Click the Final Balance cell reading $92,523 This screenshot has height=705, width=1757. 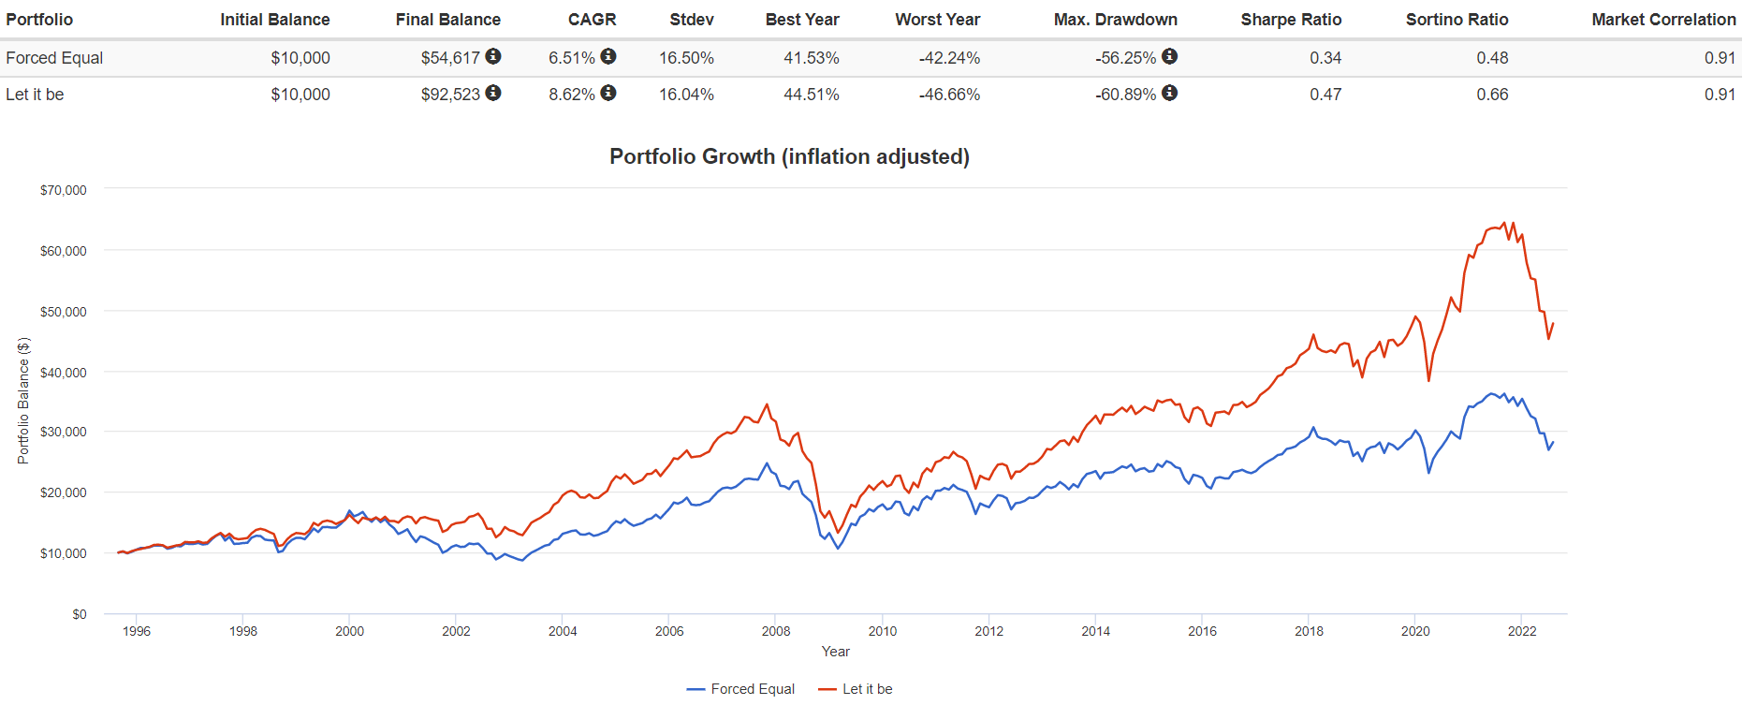[450, 95]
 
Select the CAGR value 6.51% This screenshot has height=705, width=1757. [571, 58]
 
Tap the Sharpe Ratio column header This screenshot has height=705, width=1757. [1291, 20]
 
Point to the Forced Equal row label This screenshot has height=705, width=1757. [54, 58]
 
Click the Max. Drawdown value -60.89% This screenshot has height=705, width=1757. [1125, 95]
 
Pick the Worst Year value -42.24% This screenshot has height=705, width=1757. [949, 58]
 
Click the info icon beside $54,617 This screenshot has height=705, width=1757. [493, 57]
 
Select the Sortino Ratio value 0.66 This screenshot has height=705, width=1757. [1492, 95]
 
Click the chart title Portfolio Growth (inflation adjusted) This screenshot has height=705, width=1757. [789, 156]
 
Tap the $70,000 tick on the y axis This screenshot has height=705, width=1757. [64, 190]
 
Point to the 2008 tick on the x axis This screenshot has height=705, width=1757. [776, 631]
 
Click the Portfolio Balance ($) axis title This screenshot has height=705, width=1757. [23, 401]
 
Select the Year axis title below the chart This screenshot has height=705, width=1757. [835, 652]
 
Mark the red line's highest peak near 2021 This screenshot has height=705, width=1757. [1504, 223]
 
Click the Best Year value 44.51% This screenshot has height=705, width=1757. [811, 95]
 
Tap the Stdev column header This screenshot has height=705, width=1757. [692, 20]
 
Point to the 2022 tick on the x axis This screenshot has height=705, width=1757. [1522, 631]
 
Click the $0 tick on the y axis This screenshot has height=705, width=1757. [80, 614]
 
